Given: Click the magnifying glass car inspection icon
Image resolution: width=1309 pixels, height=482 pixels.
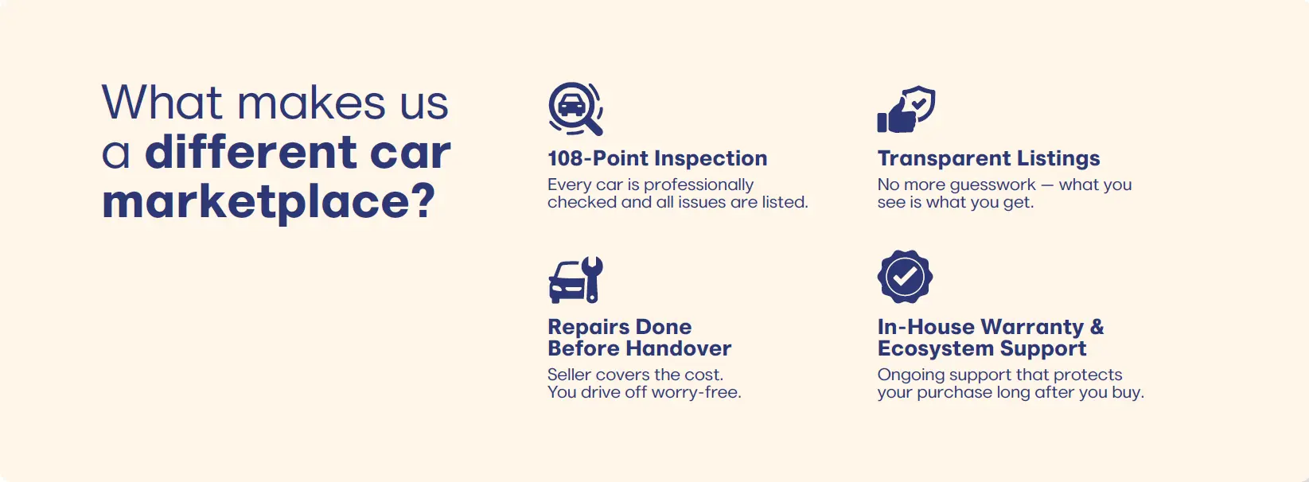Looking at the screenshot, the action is [575, 109].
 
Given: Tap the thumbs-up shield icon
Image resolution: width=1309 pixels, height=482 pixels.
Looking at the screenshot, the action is [906, 109].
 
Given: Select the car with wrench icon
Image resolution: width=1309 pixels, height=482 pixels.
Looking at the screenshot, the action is [575, 280].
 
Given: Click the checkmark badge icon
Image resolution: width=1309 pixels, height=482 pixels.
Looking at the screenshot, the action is [906, 277].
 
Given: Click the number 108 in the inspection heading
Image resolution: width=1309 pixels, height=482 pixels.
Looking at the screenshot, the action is [565, 158].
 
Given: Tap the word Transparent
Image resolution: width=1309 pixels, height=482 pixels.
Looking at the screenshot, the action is [944, 159].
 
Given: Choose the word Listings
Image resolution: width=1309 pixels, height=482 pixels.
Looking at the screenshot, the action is [1058, 159].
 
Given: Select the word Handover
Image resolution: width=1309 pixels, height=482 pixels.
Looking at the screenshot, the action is [679, 349].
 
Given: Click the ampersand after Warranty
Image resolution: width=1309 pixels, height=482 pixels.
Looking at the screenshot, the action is [1097, 327].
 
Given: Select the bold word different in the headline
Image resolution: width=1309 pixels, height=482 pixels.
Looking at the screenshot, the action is [251, 151].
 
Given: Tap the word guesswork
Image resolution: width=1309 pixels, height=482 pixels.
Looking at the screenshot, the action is [992, 185].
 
